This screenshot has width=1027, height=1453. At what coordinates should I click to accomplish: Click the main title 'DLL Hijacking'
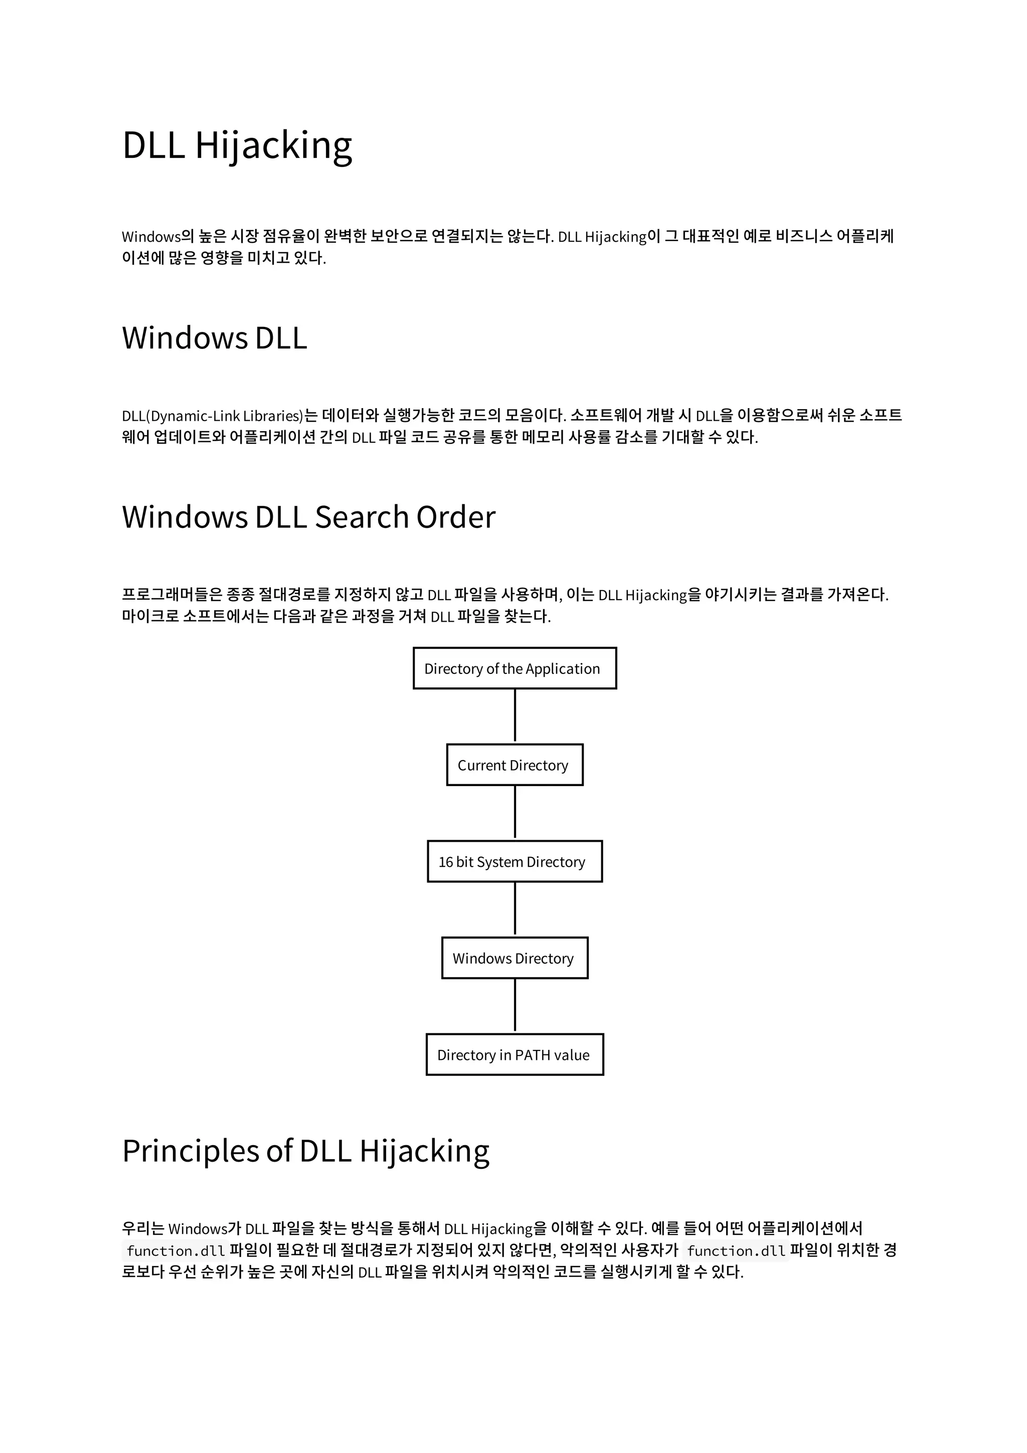[x=237, y=145]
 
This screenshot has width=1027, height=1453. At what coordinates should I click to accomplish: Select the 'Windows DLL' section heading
[x=214, y=337]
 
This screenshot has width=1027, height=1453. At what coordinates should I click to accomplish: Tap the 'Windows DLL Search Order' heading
[x=308, y=516]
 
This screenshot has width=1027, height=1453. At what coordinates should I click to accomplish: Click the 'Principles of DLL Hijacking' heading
[x=305, y=1151]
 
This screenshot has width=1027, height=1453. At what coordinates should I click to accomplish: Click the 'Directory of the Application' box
[x=515, y=668]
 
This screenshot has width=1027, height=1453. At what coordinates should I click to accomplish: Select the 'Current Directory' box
[x=515, y=765]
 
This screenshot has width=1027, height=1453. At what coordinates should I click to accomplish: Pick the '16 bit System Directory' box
[x=515, y=861]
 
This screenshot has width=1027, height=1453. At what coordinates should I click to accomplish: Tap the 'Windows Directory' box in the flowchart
[x=515, y=958]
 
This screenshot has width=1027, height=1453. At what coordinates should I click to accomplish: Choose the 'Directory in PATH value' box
[x=515, y=1055]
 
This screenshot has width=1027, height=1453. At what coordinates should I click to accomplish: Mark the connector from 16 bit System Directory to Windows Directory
[x=515, y=909]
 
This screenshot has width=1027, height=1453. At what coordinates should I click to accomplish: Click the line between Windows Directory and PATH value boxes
[x=515, y=1006]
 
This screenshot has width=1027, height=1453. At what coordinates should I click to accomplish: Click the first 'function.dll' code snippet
[x=176, y=1251]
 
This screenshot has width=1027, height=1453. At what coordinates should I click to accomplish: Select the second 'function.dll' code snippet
[x=736, y=1251]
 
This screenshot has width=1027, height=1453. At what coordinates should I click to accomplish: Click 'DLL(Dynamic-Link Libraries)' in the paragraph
[x=213, y=416]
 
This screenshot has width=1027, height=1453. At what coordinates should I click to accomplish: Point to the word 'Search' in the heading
[x=362, y=516]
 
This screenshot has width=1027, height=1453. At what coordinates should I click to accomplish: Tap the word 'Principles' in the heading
[x=191, y=1151]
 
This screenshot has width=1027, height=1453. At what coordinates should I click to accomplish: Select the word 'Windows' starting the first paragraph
[x=151, y=237]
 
